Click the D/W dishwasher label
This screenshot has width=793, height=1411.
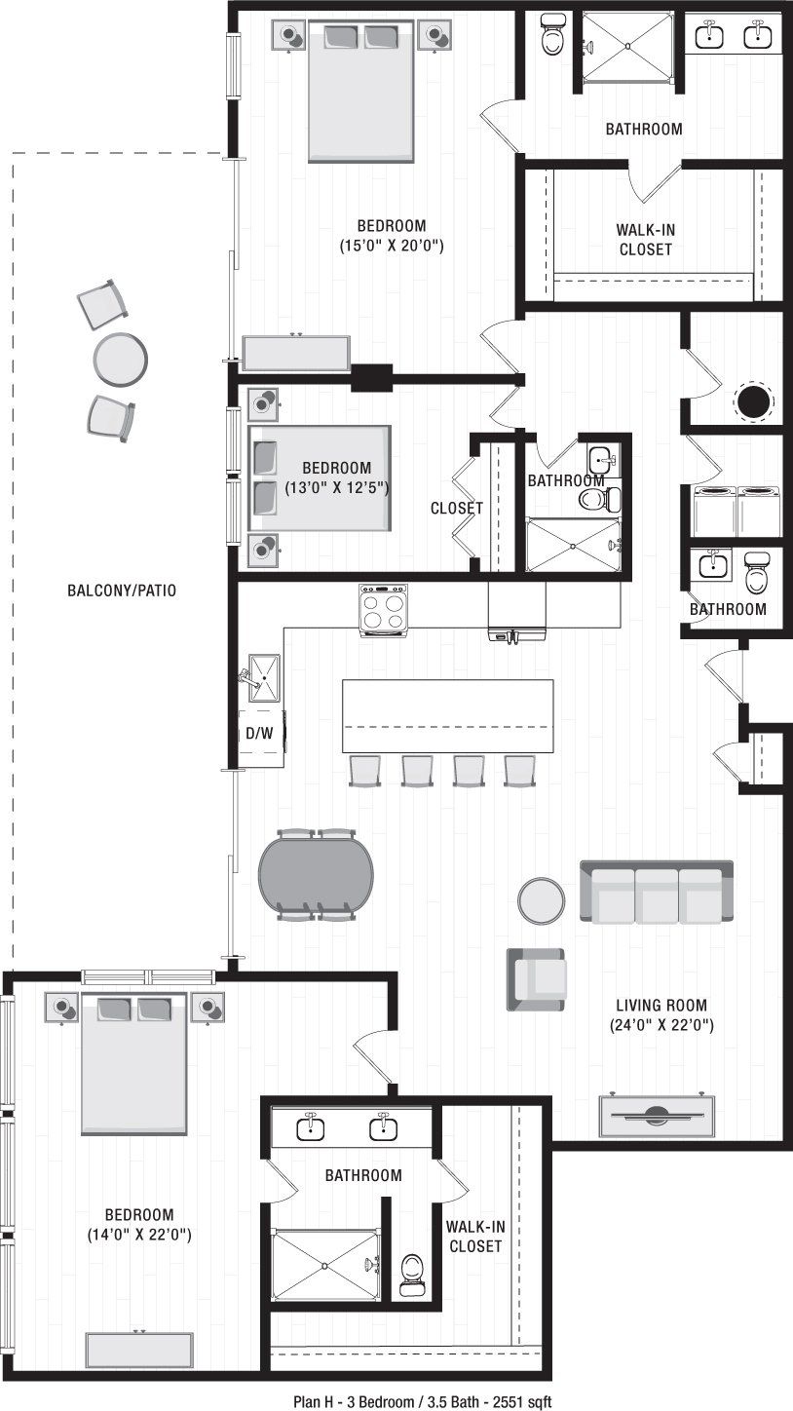[258, 734]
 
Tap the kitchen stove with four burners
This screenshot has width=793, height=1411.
[383, 610]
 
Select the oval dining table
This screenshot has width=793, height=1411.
[316, 874]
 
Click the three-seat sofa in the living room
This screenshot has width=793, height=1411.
[656, 891]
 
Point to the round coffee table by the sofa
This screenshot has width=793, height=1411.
[541, 900]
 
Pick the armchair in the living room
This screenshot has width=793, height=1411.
[535, 978]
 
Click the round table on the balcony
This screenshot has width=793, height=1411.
[120, 358]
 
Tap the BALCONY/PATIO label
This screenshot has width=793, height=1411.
[122, 591]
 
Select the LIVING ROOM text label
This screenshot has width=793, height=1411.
[661, 1006]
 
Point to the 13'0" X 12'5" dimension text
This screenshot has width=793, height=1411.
[337, 487]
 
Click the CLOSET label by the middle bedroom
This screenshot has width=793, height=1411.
[457, 509]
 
